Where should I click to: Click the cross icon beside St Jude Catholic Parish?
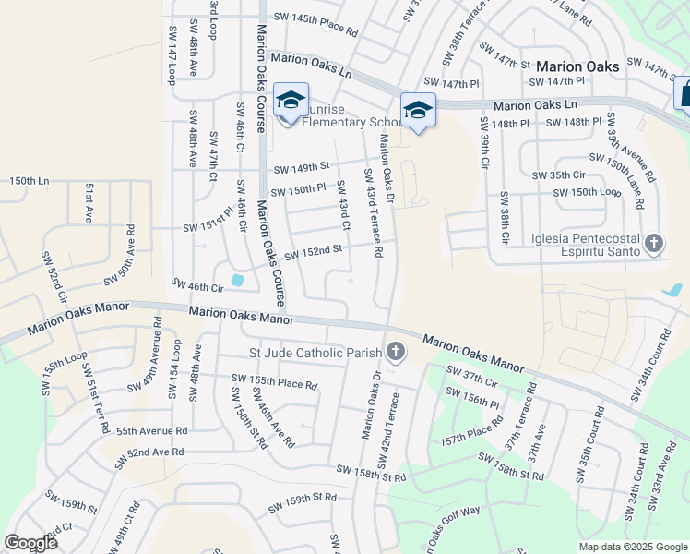[x=396, y=352]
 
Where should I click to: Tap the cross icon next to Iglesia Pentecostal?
[x=654, y=244]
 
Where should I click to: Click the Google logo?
[x=31, y=543]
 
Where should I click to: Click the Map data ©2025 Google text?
[x=632, y=547]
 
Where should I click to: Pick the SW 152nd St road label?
[x=313, y=251]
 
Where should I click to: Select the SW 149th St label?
[x=302, y=168]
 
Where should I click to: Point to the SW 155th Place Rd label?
[x=274, y=380]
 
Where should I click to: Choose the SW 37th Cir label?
[x=471, y=377]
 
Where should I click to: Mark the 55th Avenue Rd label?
[x=151, y=430]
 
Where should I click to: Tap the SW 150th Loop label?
[x=586, y=193]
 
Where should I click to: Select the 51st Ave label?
[x=89, y=202]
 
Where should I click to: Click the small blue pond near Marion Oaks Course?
[x=238, y=279]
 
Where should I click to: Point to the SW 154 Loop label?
[x=173, y=369]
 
